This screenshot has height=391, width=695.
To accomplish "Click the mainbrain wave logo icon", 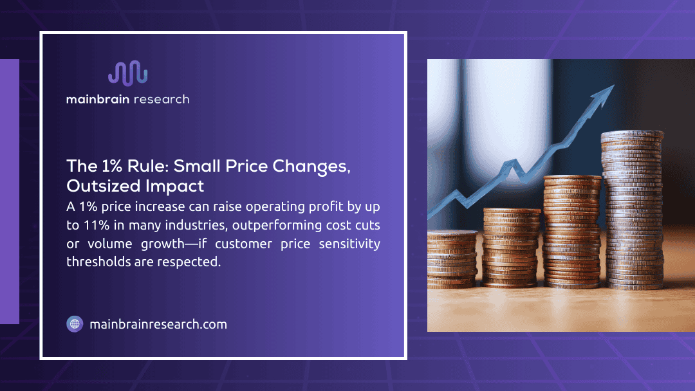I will (127, 74).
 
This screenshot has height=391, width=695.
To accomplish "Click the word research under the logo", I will (163, 99).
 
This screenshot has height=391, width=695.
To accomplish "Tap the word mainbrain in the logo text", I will (98, 99).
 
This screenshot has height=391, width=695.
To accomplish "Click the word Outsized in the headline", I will (98, 186).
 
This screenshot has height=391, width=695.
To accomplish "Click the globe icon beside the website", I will (75, 324).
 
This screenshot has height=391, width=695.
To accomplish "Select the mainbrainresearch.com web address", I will (158, 324).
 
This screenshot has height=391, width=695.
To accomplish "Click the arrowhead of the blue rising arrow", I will (603, 97).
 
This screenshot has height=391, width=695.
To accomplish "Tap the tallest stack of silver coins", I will (631, 212).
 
